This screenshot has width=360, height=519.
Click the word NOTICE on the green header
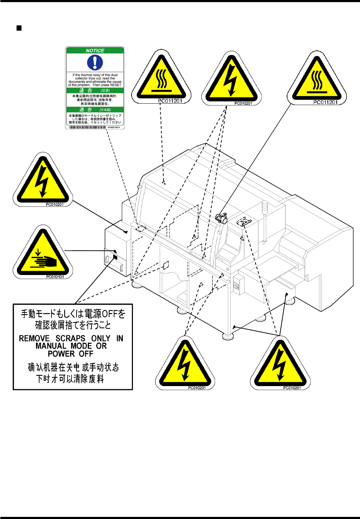point(95,51)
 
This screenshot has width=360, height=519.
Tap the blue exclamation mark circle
point(95,63)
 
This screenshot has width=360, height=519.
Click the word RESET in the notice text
point(116,85)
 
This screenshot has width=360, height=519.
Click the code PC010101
point(55,277)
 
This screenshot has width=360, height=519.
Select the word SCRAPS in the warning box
point(71,338)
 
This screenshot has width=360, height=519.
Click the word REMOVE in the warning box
point(34,338)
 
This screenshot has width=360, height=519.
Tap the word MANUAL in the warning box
point(51,346)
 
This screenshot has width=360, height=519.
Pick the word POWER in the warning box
point(61,354)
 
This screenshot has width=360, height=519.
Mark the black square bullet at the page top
point(19,28)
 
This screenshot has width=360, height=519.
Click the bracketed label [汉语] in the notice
point(105,91)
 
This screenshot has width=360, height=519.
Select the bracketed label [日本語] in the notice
point(105,110)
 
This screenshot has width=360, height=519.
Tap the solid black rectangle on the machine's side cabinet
point(115,258)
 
